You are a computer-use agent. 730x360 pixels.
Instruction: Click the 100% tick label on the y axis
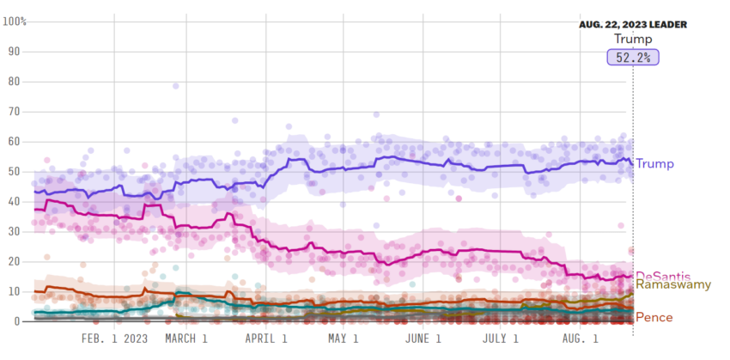(x=15, y=21)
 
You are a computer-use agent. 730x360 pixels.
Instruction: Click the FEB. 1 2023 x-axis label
(x=114, y=339)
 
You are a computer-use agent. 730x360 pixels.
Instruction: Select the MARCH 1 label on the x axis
(x=186, y=339)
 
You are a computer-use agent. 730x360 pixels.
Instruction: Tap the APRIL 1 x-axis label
(x=267, y=339)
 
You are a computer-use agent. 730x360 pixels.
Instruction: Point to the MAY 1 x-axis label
(x=343, y=339)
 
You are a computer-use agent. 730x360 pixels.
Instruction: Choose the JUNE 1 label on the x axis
(x=423, y=339)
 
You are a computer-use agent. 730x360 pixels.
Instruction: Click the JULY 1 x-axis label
(x=501, y=339)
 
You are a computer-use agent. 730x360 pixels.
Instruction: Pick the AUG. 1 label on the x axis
(x=580, y=339)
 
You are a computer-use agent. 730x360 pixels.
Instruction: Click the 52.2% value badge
(x=633, y=58)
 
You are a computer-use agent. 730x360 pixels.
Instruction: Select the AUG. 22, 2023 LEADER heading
(x=632, y=25)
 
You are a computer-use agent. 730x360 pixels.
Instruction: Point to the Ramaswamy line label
(x=674, y=284)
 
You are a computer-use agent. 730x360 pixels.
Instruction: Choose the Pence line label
(x=654, y=317)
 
